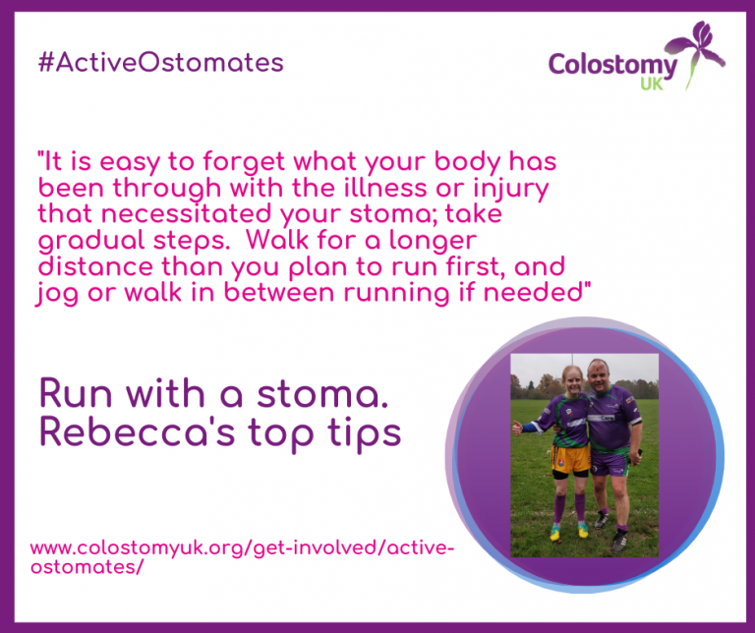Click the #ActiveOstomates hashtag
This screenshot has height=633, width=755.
(x=159, y=63)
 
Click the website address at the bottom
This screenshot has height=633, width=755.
(x=242, y=556)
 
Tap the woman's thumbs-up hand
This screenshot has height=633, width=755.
(x=516, y=427)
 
